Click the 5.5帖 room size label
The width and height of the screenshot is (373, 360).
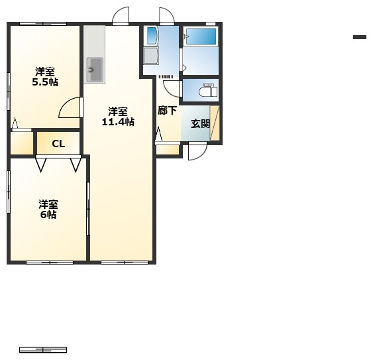(45, 82)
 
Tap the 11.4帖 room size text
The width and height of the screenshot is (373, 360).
(118, 122)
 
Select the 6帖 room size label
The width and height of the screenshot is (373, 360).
(48, 215)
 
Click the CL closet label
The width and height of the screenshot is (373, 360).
(58, 144)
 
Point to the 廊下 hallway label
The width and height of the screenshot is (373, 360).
(167, 111)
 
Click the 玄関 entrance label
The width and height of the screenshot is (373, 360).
(201, 124)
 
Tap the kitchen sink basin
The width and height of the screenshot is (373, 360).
(95, 70)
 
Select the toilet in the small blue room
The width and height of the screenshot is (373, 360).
(208, 91)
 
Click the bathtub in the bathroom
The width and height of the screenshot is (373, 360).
(201, 36)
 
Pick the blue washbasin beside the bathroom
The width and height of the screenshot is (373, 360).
(152, 36)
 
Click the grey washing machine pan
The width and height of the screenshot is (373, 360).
(151, 56)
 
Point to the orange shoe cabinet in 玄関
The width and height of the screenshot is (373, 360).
(215, 123)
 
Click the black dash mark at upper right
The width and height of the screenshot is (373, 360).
(360, 37)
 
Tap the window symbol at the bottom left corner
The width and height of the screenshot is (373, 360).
(43, 350)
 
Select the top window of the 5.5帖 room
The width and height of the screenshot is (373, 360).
(43, 24)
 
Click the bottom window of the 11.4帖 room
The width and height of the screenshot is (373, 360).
(125, 263)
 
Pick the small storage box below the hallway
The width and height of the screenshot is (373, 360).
(167, 150)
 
